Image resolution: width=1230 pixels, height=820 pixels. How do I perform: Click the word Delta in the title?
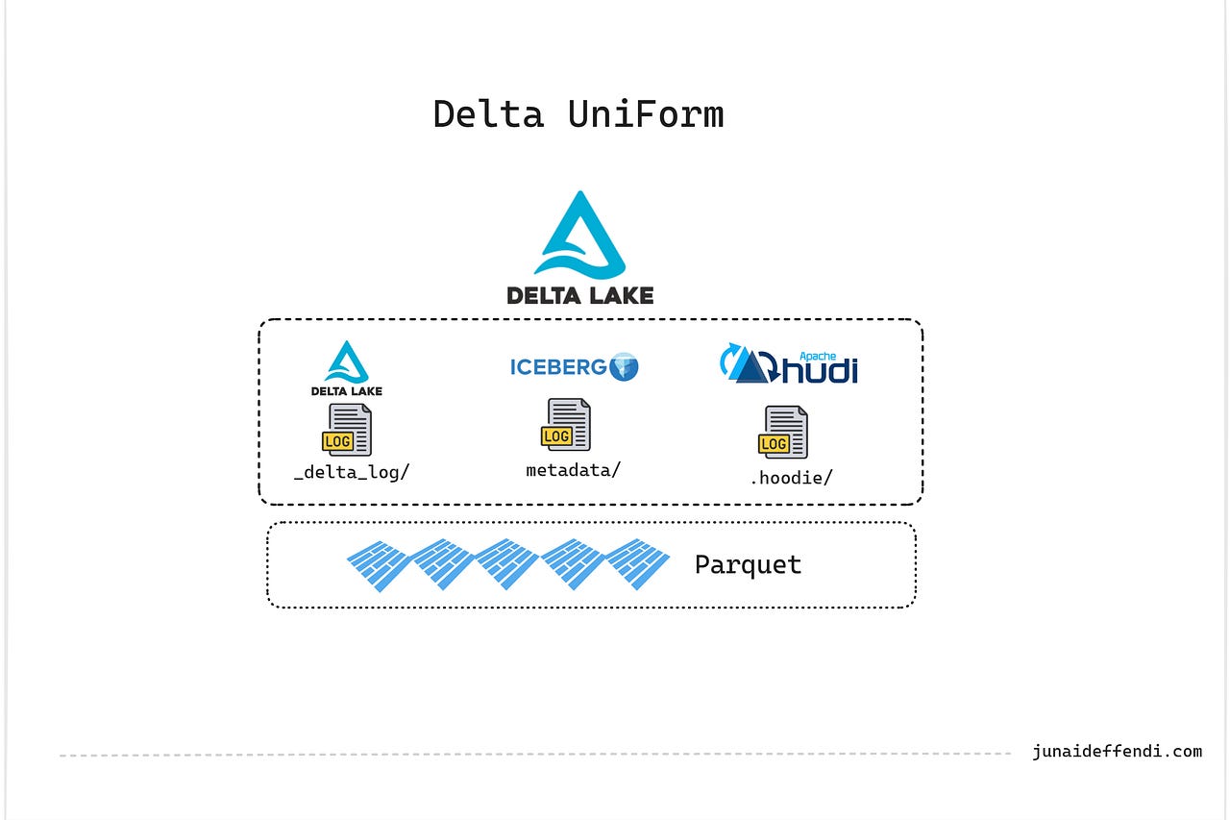click(x=488, y=113)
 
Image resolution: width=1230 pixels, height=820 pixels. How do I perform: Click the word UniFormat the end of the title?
click(x=646, y=113)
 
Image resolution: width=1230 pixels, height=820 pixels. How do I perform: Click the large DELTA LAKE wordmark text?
click(x=579, y=294)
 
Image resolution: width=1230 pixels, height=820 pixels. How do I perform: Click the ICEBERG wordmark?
click(x=557, y=366)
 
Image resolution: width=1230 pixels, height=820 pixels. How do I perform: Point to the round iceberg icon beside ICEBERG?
click(x=625, y=366)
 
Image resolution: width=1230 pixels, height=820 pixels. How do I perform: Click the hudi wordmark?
click(x=820, y=369)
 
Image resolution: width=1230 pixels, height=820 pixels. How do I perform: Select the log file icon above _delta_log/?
click(x=347, y=430)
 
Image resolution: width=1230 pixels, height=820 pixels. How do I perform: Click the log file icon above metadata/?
click(x=566, y=425)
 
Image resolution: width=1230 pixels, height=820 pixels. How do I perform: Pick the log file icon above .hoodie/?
click(x=783, y=433)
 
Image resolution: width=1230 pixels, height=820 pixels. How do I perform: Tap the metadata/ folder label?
click(x=573, y=469)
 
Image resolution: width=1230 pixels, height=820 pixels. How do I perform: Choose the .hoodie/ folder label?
click(x=790, y=477)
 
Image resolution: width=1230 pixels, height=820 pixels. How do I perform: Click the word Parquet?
click(x=748, y=564)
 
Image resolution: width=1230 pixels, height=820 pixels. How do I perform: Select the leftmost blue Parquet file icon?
click(x=379, y=564)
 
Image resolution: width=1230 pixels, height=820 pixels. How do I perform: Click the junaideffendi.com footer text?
click(x=1117, y=752)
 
